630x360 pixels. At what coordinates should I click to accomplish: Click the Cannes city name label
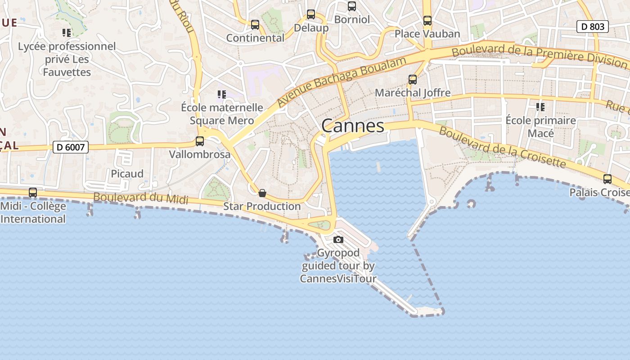click(353, 126)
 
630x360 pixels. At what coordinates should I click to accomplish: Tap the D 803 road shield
click(592, 27)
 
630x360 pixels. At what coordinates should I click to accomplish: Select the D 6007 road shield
click(71, 147)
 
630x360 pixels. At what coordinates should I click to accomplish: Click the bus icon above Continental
click(255, 25)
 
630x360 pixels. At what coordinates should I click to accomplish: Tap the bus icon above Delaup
click(311, 14)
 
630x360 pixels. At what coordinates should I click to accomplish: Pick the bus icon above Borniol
click(352, 6)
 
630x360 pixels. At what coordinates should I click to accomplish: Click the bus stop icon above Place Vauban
click(427, 21)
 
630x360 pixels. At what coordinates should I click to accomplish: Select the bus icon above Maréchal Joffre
click(413, 80)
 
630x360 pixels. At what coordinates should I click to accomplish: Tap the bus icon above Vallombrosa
click(200, 141)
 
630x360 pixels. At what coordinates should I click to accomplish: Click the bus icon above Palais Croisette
click(607, 179)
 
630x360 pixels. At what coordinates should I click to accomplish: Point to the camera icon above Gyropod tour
click(338, 239)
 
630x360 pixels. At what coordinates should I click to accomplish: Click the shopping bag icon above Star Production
click(262, 193)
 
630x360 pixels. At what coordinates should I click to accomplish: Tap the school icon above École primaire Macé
click(540, 107)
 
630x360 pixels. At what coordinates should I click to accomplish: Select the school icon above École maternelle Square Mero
click(221, 94)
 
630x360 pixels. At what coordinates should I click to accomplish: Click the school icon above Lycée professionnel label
click(67, 33)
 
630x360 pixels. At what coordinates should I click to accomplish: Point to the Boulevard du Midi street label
click(140, 198)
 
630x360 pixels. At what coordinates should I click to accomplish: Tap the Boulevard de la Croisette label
click(502, 147)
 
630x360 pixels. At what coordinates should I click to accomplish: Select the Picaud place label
click(127, 174)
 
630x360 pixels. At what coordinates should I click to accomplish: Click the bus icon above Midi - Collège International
click(33, 193)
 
